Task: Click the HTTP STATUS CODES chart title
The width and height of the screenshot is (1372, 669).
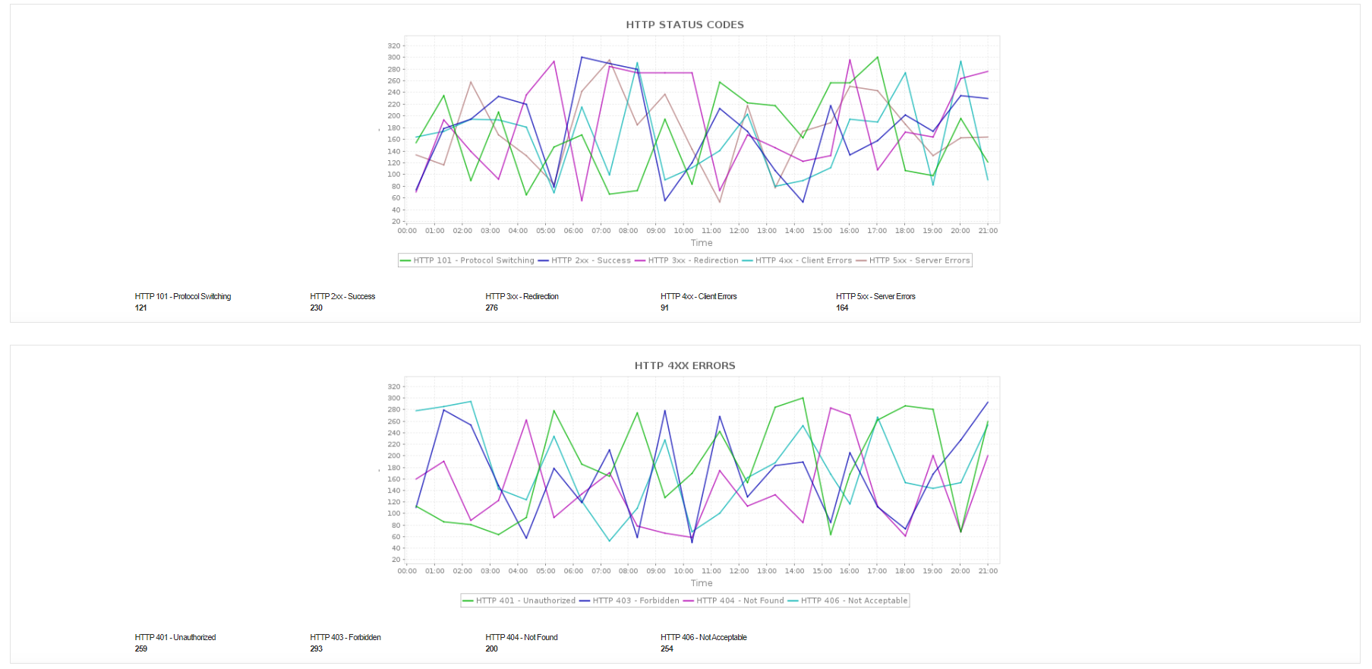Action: tap(685, 25)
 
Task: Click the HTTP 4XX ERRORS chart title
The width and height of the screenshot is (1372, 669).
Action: tap(685, 366)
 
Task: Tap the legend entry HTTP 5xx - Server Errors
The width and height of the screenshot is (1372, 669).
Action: tap(919, 260)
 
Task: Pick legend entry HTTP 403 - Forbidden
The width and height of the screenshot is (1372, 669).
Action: tap(636, 601)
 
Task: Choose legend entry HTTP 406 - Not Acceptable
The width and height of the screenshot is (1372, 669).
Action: tap(853, 601)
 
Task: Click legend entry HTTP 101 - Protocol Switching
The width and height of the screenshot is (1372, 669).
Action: tap(473, 260)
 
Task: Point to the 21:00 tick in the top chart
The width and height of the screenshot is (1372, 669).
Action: tap(988, 231)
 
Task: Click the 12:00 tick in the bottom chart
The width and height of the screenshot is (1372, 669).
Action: tap(739, 571)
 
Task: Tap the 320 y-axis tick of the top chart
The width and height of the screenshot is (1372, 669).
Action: tap(394, 46)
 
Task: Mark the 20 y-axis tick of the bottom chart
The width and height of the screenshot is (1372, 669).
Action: tap(396, 560)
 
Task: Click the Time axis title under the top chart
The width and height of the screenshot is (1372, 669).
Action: tap(702, 243)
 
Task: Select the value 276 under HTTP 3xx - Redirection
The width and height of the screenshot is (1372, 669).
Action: tap(492, 308)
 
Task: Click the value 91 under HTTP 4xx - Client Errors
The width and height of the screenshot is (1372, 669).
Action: tap(664, 308)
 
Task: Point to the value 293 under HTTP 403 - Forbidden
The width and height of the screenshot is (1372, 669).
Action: tap(317, 649)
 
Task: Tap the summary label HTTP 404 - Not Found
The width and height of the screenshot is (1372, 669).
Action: tap(522, 638)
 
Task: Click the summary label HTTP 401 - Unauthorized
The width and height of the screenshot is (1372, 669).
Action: tap(175, 638)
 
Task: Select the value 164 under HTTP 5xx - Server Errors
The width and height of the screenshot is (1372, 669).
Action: tap(842, 308)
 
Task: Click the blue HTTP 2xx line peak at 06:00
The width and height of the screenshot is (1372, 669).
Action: tap(582, 57)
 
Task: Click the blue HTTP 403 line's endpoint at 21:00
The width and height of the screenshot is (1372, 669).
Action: tap(988, 402)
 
